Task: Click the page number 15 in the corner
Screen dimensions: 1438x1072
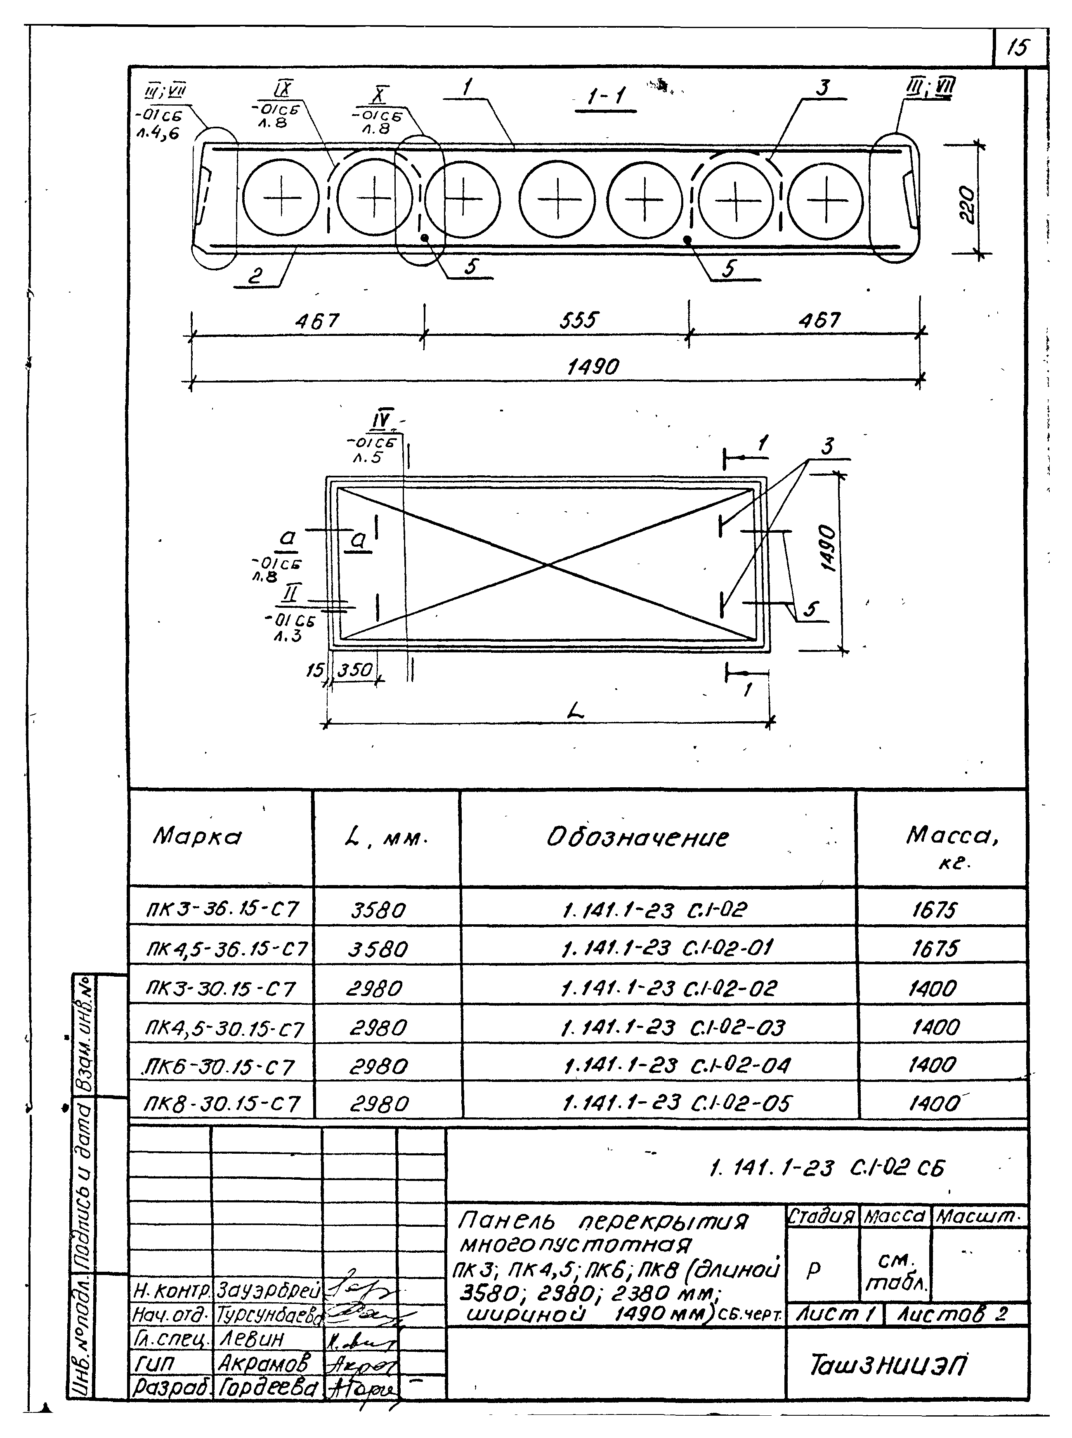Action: (1018, 48)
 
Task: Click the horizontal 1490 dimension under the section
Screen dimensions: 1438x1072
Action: (593, 367)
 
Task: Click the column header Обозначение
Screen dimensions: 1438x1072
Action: (637, 837)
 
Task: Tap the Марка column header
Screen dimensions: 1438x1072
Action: (197, 836)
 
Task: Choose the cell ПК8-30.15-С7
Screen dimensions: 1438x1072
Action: (222, 1104)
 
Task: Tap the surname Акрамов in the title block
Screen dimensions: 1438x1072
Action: (263, 1363)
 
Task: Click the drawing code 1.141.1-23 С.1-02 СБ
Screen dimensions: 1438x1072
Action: (827, 1168)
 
